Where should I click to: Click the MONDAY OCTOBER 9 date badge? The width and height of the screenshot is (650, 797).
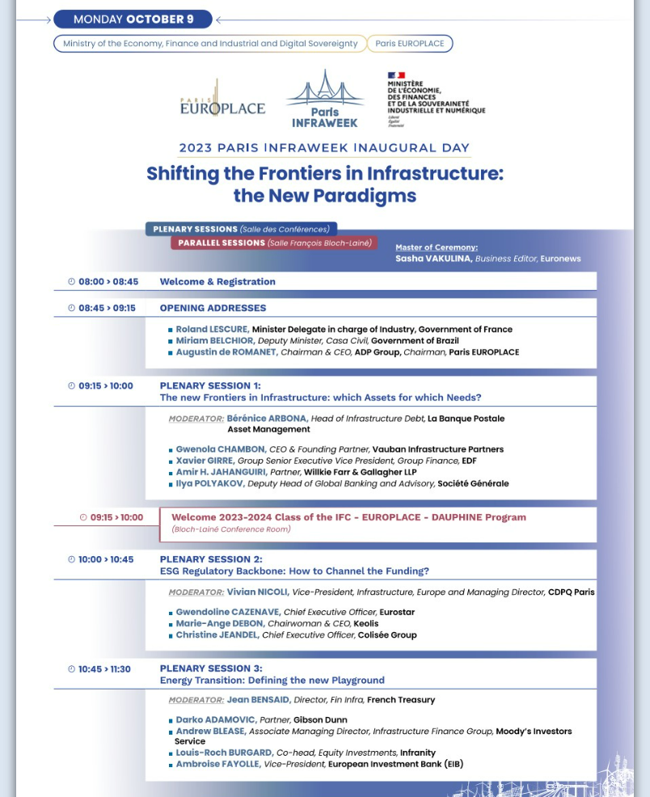(x=133, y=19)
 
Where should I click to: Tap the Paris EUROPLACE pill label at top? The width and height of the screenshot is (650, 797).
(x=410, y=44)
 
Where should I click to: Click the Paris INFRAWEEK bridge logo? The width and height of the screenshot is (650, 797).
(x=324, y=99)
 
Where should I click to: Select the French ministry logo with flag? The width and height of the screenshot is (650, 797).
(x=436, y=99)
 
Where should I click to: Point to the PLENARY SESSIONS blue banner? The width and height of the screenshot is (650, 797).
(x=241, y=230)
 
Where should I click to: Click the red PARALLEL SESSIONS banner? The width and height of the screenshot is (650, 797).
(x=273, y=242)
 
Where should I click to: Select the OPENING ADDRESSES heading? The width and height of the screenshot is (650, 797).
(x=213, y=308)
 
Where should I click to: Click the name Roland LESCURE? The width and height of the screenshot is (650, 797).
(x=212, y=329)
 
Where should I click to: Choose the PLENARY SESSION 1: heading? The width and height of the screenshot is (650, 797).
(x=210, y=386)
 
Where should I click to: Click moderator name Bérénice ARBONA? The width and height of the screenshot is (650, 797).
(x=267, y=419)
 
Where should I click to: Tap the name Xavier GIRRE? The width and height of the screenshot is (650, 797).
(x=205, y=461)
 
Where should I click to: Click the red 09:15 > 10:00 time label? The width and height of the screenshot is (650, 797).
(x=112, y=517)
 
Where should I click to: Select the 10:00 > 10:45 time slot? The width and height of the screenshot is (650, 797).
(x=106, y=559)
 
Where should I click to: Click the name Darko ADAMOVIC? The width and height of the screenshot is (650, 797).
(x=216, y=719)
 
